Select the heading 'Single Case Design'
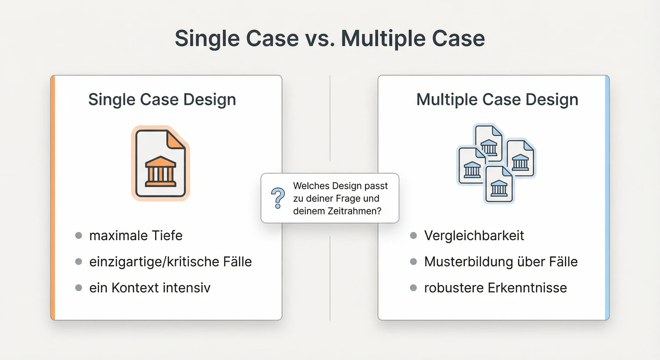pyautogui.click(x=162, y=99)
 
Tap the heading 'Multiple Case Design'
pyautogui.click(x=497, y=99)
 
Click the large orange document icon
pyautogui.click(x=161, y=164)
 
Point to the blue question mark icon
pyautogui.click(x=278, y=198)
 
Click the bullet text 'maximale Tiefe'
pyautogui.click(x=135, y=235)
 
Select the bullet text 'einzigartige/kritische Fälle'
pyautogui.click(x=170, y=261)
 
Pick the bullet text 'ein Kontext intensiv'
pyautogui.click(x=149, y=287)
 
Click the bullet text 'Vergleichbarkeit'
pyautogui.click(x=474, y=235)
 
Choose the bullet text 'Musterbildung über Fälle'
pyautogui.click(x=501, y=261)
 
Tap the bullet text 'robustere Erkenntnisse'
pyautogui.click(x=495, y=287)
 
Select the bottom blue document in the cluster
pyautogui.click(x=499, y=185)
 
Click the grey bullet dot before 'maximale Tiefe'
pyautogui.click(x=79, y=235)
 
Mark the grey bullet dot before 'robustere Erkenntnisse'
pyautogui.click(x=413, y=287)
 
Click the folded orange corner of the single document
pyautogui.click(x=175, y=139)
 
